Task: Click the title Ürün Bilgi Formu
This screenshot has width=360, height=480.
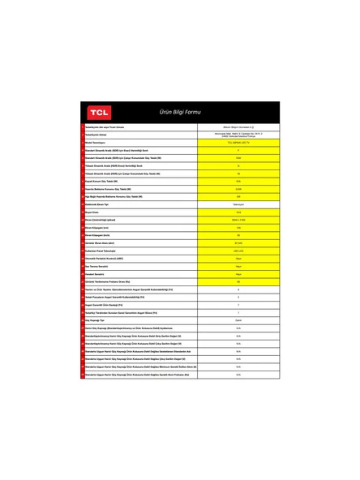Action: click(x=180, y=112)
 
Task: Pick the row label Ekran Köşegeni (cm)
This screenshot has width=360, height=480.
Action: click(x=99, y=228)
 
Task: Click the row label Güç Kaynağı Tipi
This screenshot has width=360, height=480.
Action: click(x=96, y=320)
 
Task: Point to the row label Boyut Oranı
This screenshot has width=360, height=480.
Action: click(x=93, y=212)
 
